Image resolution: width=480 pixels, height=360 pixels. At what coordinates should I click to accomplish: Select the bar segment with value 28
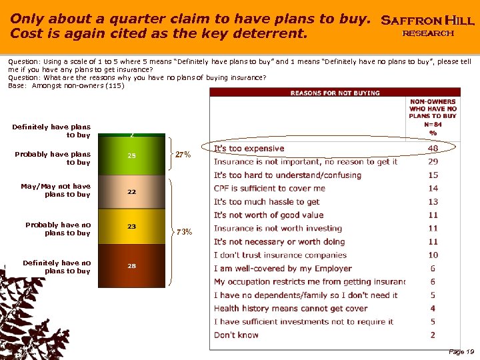coord(131,265)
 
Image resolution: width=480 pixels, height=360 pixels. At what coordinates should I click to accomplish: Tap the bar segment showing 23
coord(131,226)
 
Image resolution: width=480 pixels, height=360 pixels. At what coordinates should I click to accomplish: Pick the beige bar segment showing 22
coord(131,191)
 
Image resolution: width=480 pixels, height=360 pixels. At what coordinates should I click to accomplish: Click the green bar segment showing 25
coord(131,156)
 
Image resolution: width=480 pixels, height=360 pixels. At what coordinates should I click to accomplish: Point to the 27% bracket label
coord(183,155)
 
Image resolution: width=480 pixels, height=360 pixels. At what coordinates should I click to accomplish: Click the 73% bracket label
coord(183,232)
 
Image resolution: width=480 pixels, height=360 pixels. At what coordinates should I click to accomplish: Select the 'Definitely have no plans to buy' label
coord(57,267)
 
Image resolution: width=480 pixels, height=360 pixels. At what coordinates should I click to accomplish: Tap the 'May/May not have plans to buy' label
coord(56,190)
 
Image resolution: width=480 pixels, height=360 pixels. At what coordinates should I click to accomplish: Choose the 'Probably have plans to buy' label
coord(53,158)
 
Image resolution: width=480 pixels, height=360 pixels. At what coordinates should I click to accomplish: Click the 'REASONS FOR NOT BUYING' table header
coord(335,93)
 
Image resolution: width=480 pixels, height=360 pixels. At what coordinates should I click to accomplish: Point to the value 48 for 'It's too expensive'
coord(433,149)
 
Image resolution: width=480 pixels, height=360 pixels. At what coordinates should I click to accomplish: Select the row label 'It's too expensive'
coord(249,149)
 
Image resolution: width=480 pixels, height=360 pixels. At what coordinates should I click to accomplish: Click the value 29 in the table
coord(433,162)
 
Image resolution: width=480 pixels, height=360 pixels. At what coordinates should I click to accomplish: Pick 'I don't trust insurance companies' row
coord(281,255)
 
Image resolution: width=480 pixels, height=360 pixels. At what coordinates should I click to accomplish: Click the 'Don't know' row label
coord(236,335)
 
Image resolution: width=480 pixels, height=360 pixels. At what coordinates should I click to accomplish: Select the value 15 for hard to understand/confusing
coord(433,175)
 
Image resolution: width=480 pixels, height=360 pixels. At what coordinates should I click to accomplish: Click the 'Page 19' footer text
coord(461,351)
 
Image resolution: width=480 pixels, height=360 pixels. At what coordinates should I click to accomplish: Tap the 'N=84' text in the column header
coord(433,124)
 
